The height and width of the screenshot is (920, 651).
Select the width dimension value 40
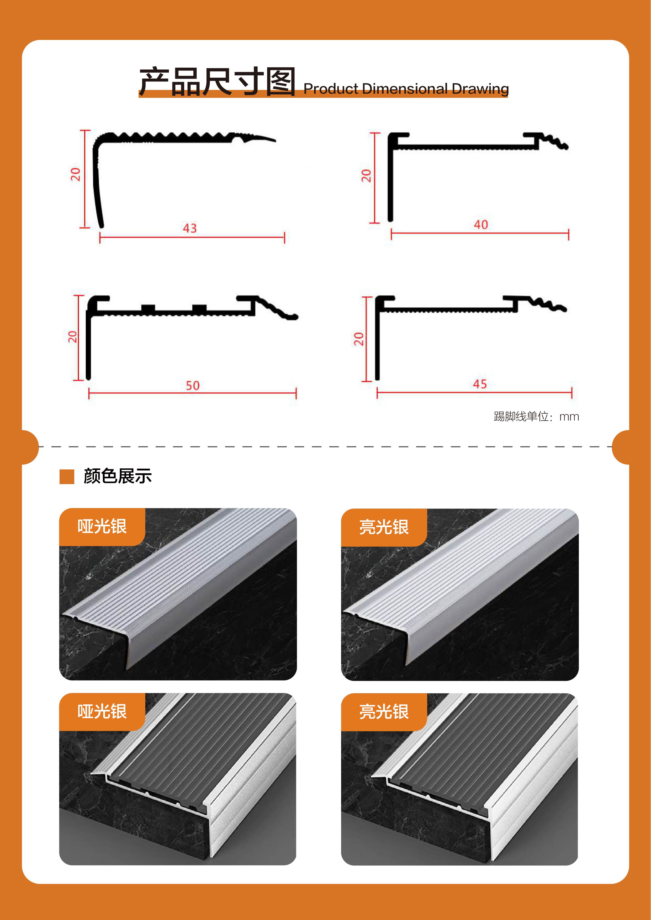click(481, 224)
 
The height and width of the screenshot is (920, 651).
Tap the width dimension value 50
click(192, 386)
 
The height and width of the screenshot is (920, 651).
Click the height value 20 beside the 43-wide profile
click(75, 174)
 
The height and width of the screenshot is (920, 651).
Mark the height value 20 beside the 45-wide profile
click(358, 339)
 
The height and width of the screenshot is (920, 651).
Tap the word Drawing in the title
click(480, 89)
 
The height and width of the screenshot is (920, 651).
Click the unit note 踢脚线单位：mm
click(536, 417)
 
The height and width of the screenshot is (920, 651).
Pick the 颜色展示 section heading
click(118, 476)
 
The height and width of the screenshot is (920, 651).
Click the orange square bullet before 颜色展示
click(67, 477)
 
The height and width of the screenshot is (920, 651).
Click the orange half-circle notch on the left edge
click(30, 447)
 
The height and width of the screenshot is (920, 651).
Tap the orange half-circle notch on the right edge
click(621, 447)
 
